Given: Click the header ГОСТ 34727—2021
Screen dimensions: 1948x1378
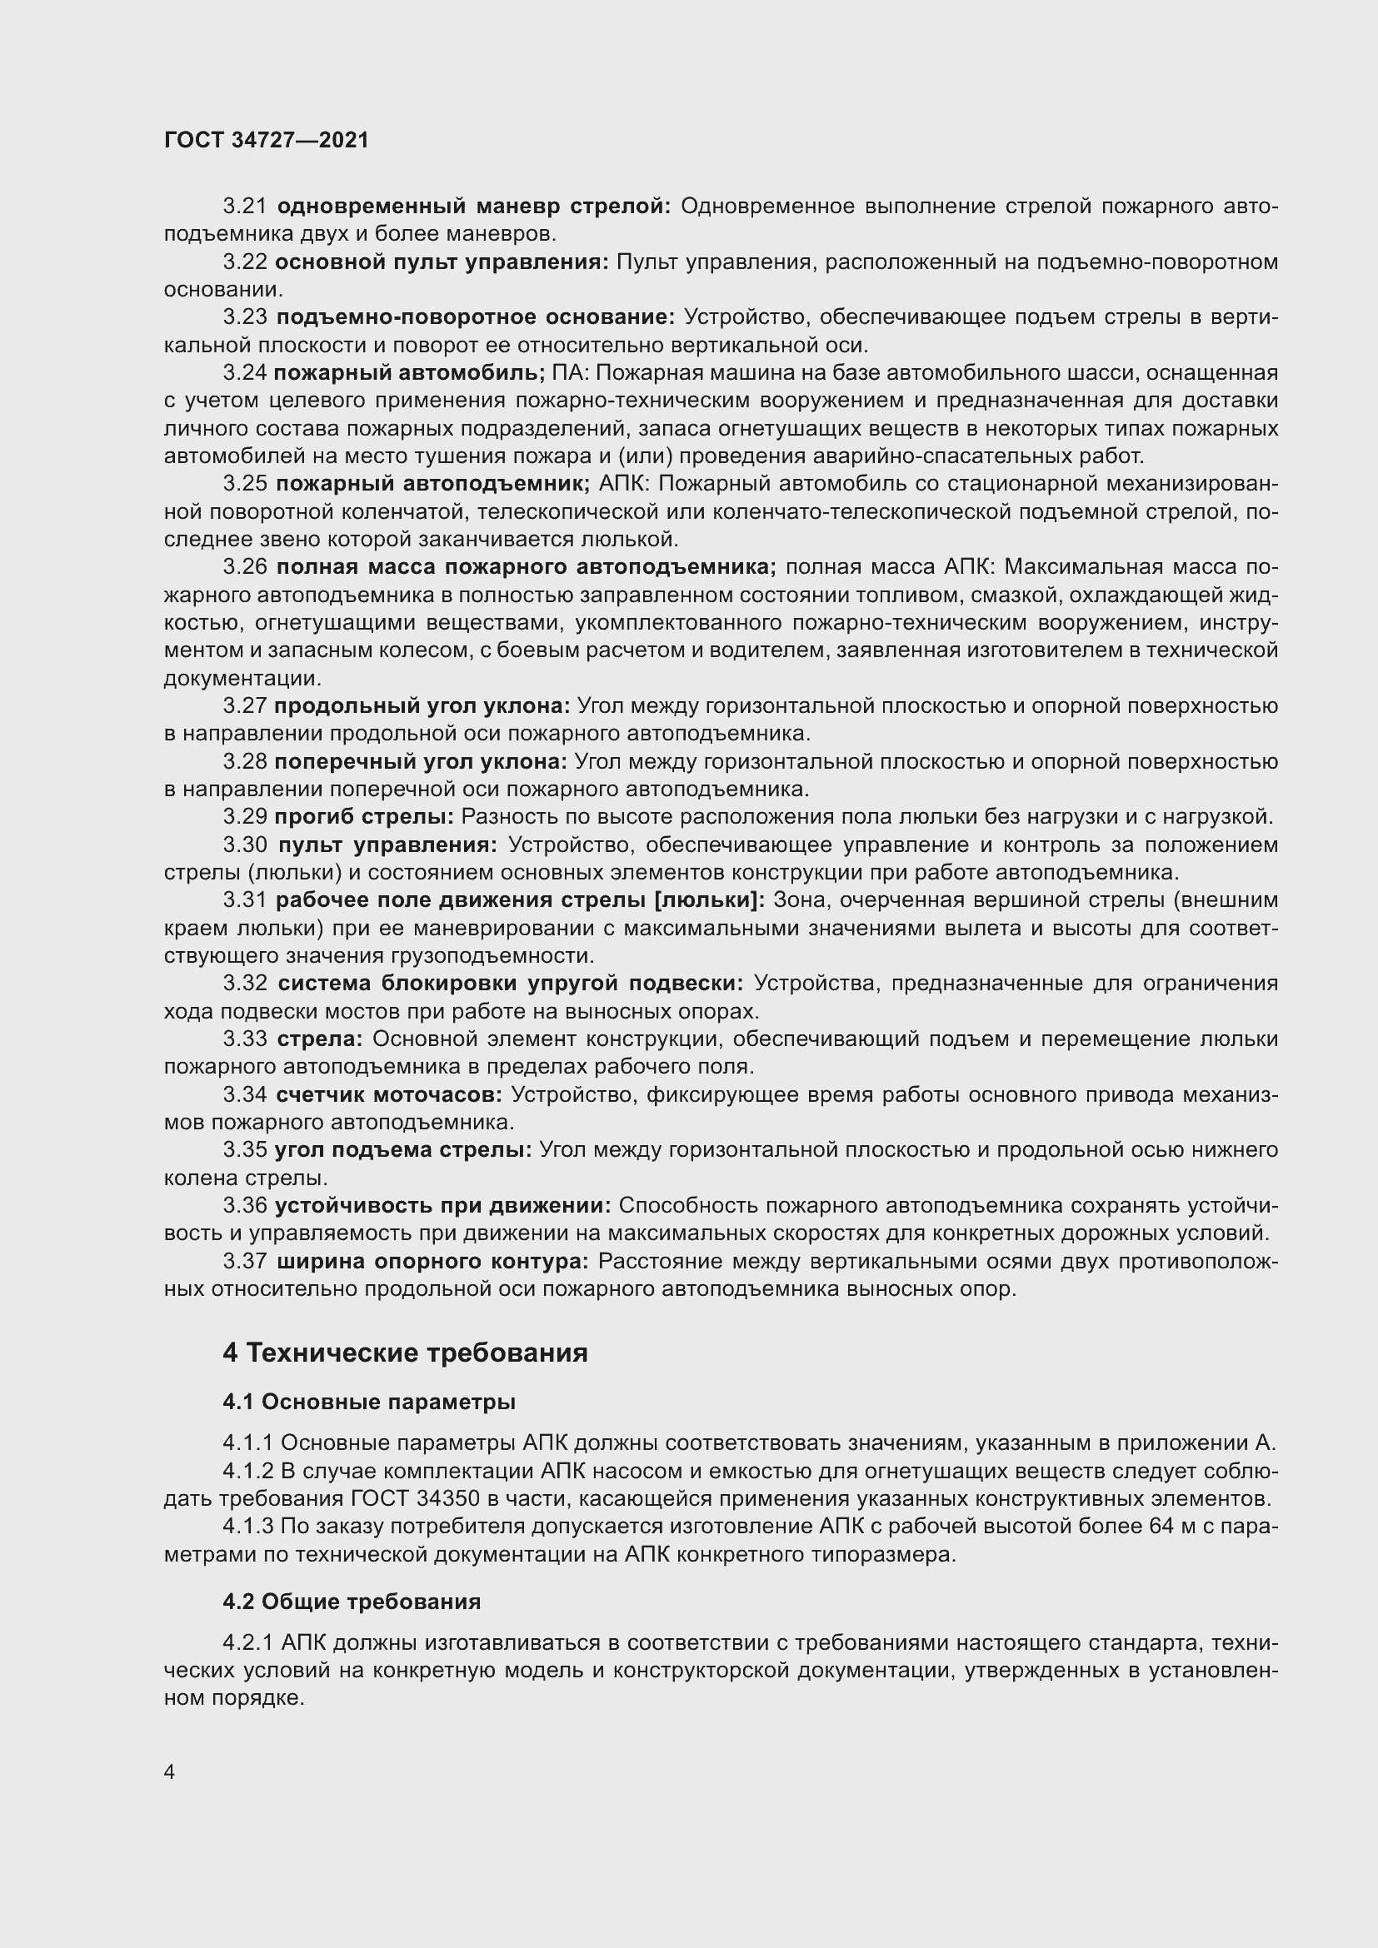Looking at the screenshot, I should pos(267,140).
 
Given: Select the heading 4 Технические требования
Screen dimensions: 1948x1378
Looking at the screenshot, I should pos(405,1353).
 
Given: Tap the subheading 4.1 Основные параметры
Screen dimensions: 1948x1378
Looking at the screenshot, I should pos(369,1402).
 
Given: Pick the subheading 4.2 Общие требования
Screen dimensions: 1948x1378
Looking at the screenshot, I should pos(352,1602).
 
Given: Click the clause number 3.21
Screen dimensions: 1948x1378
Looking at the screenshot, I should pos(244,207).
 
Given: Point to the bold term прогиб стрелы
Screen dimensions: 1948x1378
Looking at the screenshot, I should pos(364,817).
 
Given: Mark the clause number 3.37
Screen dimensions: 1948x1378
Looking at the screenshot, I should pos(244,1262).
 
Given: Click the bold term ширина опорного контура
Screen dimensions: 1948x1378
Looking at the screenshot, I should pos(432,1262).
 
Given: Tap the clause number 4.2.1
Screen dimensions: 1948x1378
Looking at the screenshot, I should pos(247,1643).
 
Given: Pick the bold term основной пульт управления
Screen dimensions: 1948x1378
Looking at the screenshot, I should pos(442,262).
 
